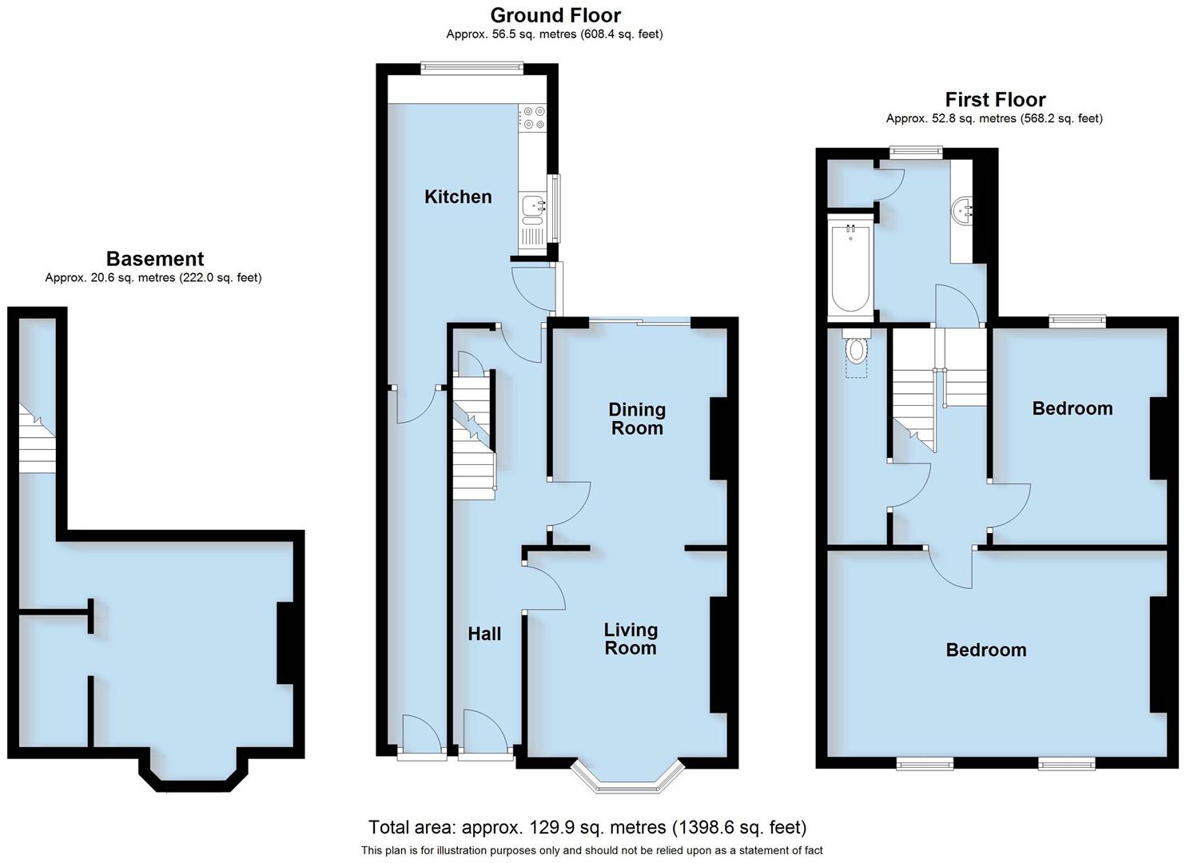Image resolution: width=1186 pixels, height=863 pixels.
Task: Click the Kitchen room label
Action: [458, 197]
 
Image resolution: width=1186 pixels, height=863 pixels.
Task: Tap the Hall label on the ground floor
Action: [484, 634]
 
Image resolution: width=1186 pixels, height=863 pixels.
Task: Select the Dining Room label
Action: [636, 419]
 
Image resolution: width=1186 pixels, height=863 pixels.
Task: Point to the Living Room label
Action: [631, 638]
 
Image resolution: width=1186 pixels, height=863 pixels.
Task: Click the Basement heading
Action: [155, 259]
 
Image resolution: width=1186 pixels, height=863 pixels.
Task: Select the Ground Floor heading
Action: [555, 15]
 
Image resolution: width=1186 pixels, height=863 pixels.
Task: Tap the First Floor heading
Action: [995, 100]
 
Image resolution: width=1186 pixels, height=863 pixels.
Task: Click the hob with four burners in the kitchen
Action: [532, 118]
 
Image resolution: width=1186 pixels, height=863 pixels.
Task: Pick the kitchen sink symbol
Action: [532, 207]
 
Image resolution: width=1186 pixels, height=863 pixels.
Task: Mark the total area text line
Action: [587, 827]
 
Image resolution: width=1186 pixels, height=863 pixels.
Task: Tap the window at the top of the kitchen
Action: [472, 69]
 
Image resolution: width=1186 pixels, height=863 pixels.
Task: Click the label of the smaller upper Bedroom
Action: [1072, 408]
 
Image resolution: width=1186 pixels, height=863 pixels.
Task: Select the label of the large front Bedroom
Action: [985, 650]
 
